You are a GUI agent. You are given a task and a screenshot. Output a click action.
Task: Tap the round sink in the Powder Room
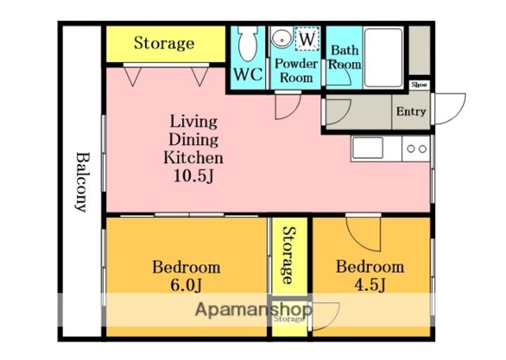click(x=281, y=37)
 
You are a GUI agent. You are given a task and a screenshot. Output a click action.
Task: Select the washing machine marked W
click(x=307, y=39)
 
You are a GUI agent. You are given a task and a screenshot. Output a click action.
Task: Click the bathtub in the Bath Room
click(x=384, y=58)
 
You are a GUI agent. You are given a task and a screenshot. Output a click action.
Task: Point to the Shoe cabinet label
click(x=419, y=84)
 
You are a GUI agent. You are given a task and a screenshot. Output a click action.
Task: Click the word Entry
click(x=411, y=112)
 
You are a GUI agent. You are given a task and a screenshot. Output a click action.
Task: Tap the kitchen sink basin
click(x=368, y=148)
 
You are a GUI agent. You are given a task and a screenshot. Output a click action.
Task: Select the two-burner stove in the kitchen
click(x=416, y=148)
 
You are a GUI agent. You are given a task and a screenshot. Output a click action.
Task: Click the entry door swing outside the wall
click(x=450, y=108)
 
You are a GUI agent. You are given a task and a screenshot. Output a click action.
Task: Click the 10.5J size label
click(x=193, y=176)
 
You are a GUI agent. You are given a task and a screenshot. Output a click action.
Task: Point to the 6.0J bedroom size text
click(x=186, y=285)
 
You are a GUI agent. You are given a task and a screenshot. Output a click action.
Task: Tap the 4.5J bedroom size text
click(x=370, y=285)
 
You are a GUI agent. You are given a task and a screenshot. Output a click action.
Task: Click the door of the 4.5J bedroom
click(x=363, y=233)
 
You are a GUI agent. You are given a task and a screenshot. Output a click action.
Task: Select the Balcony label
click(x=83, y=182)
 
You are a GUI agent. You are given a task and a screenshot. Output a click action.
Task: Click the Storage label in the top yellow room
click(x=164, y=44)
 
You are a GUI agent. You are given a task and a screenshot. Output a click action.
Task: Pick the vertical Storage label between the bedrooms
click(x=289, y=255)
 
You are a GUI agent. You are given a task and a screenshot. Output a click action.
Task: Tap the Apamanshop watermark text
click(x=254, y=309)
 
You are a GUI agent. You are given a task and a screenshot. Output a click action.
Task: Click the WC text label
click(x=248, y=75)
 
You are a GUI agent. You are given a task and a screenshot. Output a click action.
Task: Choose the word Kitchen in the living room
click(x=193, y=157)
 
